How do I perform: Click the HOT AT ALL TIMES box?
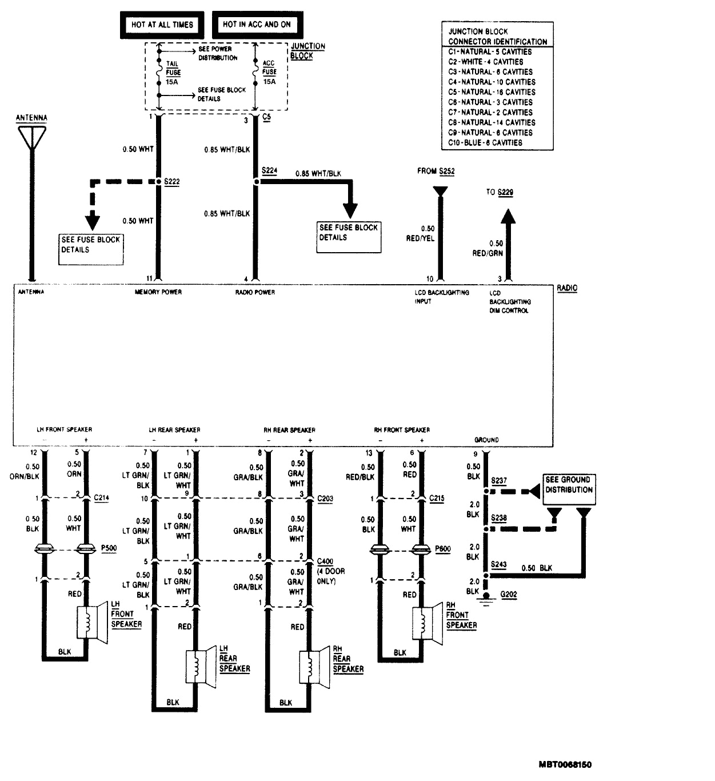[162, 25]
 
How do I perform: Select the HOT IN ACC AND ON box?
[257, 25]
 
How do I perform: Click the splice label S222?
[172, 181]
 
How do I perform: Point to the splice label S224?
[269, 170]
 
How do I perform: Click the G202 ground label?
[508, 595]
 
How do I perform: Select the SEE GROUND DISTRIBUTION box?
[568, 485]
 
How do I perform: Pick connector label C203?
[325, 499]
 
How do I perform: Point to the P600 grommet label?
[442, 549]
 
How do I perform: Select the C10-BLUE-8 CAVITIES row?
[485, 142]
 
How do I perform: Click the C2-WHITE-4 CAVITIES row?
[485, 62]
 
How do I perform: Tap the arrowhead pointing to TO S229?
[508, 217]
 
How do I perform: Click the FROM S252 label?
[436, 171]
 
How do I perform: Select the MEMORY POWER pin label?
[158, 292]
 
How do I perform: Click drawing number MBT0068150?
[564, 764]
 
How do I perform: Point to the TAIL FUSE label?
[173, 69]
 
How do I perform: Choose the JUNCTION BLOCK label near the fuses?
[307, 51]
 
